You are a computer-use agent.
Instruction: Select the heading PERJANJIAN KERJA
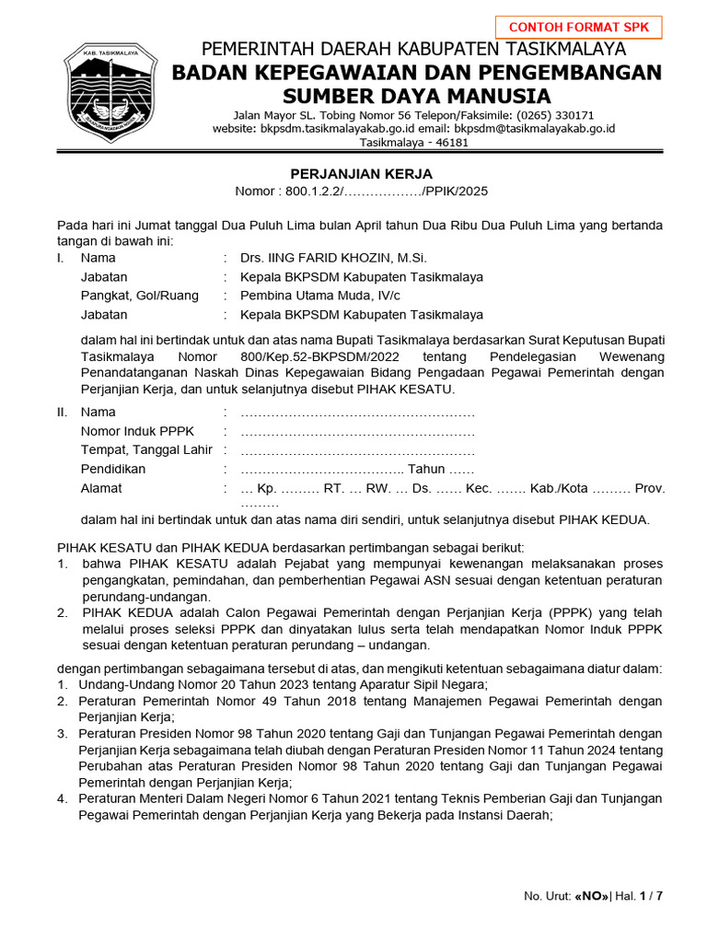point(361,174)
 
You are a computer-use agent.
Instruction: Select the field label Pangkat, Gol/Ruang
point(139,296)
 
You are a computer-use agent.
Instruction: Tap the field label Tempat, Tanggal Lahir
point(146,449)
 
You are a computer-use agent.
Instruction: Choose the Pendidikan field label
point(113,469)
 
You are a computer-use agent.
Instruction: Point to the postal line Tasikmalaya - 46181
point(413,143)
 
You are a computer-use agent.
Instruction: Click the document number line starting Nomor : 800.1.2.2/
point(361,192)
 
